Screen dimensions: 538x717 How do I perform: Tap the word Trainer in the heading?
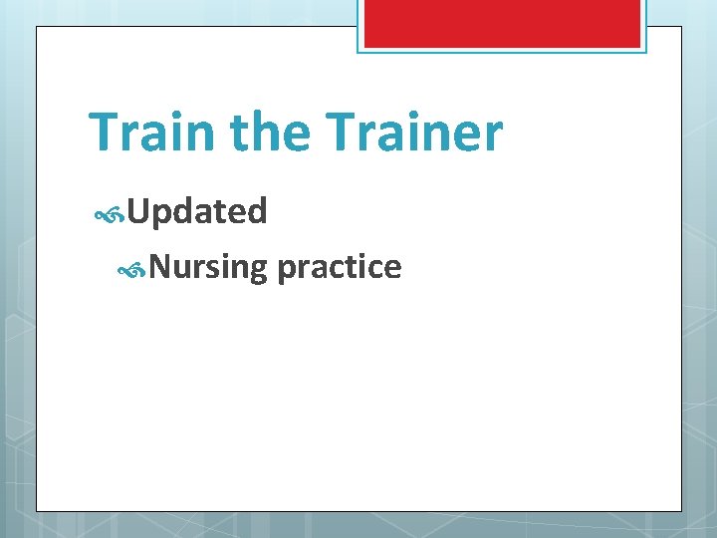click(x=414, y=132)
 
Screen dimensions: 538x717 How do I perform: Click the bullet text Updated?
click(x=197, y=211)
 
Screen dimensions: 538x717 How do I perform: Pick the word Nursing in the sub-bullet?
click(x=209, y=267)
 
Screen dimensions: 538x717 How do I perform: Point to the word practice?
click(x=340, y=267)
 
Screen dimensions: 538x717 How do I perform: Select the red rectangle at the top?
click(x=501, y=23)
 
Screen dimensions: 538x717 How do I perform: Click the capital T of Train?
click(x=103, y=132)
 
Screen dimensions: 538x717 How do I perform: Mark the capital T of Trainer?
click(x=341, y=132)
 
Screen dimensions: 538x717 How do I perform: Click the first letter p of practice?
click(x=286, y=270)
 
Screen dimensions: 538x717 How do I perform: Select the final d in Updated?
click(x=258, y=211)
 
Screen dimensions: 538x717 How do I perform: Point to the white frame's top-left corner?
click(x=37, y=27)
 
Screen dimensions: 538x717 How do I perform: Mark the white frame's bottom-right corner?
click(x=681, y=511)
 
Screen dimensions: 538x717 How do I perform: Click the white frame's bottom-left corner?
click(x=37, y=511)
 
